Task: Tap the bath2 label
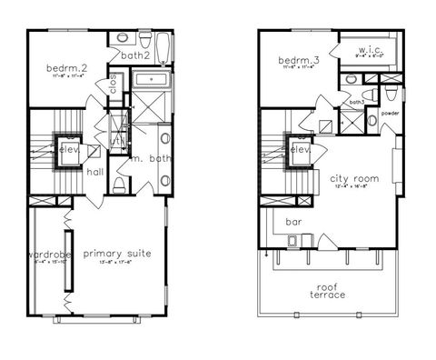click(134, 56)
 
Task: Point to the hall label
click(94, 171)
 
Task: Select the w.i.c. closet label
click(372, 50)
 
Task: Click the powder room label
click(391, 114)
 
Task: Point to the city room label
click(353, 178)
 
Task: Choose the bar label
click(293, 221)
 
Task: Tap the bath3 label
click(356, 102)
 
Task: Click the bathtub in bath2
click(162, 45)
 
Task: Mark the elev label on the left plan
click(67, 149)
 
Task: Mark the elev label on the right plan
click(301, 149)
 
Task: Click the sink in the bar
click(292, 241)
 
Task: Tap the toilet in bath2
click(122, 39)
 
